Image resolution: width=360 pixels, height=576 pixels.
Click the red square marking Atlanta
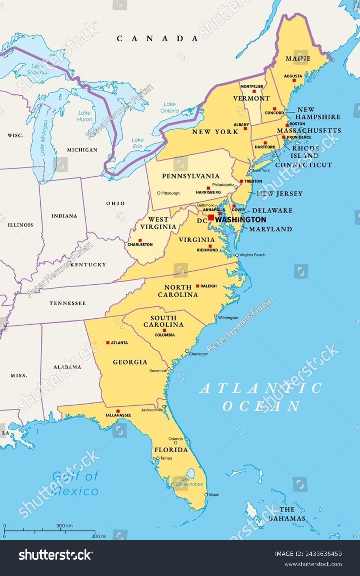click(108, 343)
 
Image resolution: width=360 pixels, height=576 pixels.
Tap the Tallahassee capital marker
click(118, 411)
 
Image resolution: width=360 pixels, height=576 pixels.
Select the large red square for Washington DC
click(211, 217)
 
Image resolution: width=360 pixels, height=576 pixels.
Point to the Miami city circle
click(206, 495)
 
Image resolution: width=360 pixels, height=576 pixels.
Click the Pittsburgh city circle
click(159, 193)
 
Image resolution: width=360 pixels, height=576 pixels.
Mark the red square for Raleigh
click(197, 286)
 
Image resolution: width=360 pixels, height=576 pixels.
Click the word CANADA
click(157, 39)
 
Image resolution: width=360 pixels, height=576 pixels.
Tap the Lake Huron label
click(85, 116)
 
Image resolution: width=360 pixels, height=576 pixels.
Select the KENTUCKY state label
click(88, 265)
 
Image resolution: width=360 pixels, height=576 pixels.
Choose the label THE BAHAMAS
click(287, 514)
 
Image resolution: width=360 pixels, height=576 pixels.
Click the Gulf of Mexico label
click(75, 483)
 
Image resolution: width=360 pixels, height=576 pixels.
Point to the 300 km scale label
click(64, 526)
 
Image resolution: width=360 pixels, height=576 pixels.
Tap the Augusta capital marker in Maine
click(294, 80)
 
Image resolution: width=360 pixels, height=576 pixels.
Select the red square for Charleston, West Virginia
click(140, 240)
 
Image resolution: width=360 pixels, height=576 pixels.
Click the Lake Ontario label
click(169, 107)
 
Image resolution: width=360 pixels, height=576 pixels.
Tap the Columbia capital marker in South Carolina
click(165, 330)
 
